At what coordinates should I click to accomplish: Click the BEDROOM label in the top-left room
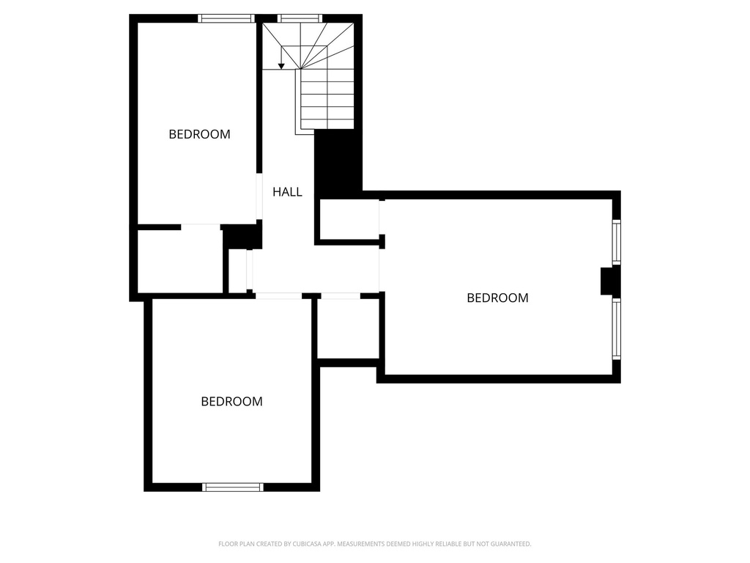[x=199, y=134]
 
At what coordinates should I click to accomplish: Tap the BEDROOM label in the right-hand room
[x=497, y=298]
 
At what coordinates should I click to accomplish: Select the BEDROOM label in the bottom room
[x=231, y=402]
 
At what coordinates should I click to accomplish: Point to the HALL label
[x=287, y=192]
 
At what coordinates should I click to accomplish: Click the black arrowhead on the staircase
[x=281, y=66]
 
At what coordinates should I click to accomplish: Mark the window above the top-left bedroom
[x=226, y=18]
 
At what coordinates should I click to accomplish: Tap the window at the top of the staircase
[x=300, y=18]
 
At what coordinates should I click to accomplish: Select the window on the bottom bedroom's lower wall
[x=233, y=486]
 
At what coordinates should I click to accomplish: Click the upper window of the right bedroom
[x=617, y=243]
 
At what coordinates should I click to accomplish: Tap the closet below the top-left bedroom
[x=179, y=262]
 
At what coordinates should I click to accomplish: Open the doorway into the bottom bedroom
[x=278, y=295]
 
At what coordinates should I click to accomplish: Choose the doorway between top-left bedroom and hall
[x=259, y=196]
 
